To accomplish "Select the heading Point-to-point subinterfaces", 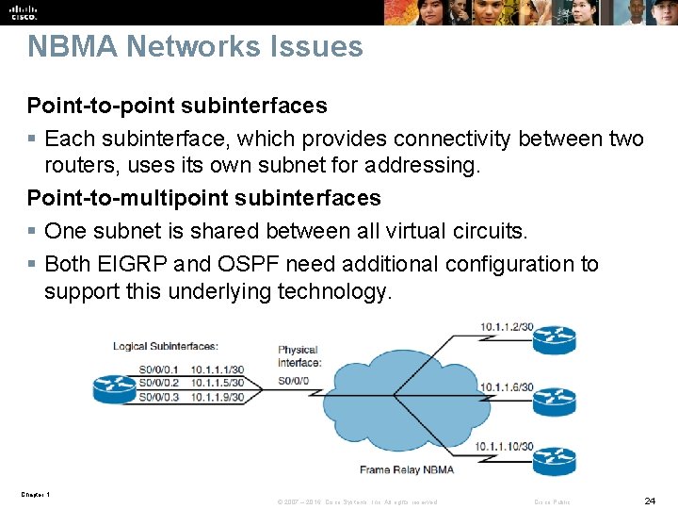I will coord(177,106).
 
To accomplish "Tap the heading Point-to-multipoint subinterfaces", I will coord(203,198).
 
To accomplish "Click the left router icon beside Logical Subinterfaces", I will coord(115,386).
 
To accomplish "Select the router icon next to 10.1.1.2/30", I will coord(554,339).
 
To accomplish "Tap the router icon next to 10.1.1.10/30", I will coord(554,462).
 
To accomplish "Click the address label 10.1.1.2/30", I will coord(507,327).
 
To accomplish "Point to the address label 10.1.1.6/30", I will coord(507,387).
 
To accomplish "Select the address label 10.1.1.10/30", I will coord(504,446).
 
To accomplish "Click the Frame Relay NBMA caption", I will coord(407,469).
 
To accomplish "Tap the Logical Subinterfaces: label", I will coord(166,346).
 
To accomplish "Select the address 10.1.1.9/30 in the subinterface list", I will coord(217,397).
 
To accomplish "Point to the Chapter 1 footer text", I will coord(34,495).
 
